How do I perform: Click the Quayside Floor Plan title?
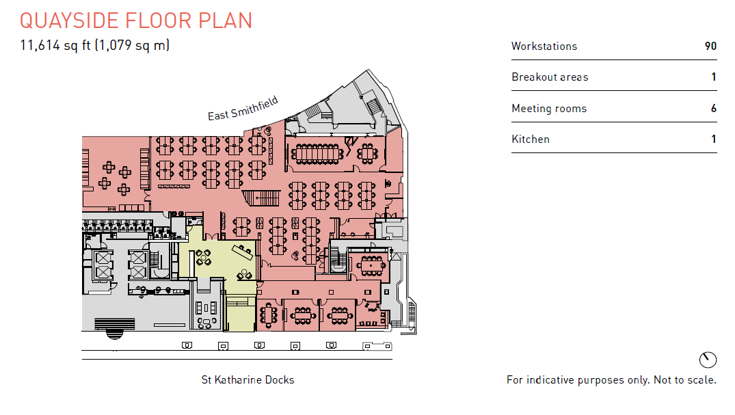pyautogui.click(x=136, y=21)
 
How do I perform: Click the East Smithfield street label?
pyautogui.click(x=243, y=109)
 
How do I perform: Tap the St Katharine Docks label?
pyautogui.click(x=248, y=380)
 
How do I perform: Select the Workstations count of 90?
pyautogui.click(x=710, y=46)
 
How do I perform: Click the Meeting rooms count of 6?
pyautogui.click(x=713, y=108)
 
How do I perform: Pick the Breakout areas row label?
pyautogui.click(x=550, y=77)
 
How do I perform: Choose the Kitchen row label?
pyautogui.click(x=531, y=139)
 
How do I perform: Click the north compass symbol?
pyautogui.click(x=708, y=360)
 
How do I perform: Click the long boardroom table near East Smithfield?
pyautogui.click(x=317, y=153)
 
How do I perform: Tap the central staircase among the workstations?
pyautogui.click(x=261, y=198)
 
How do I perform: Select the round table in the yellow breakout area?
pyautogui.click(x=204, y=257)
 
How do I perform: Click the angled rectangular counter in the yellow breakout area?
pyautogui.click(x=242, y=252)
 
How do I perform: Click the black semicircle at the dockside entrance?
pyautogui.click(x=114, y=334)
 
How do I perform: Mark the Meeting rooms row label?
pyautogui.click(x=549, y=108)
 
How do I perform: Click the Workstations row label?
pyautogui.click(x=544, y=46)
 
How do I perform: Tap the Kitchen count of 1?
pyautogui.click(x=714, y=139)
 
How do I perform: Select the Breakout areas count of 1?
pyautogui.click(x=714, y=77)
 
